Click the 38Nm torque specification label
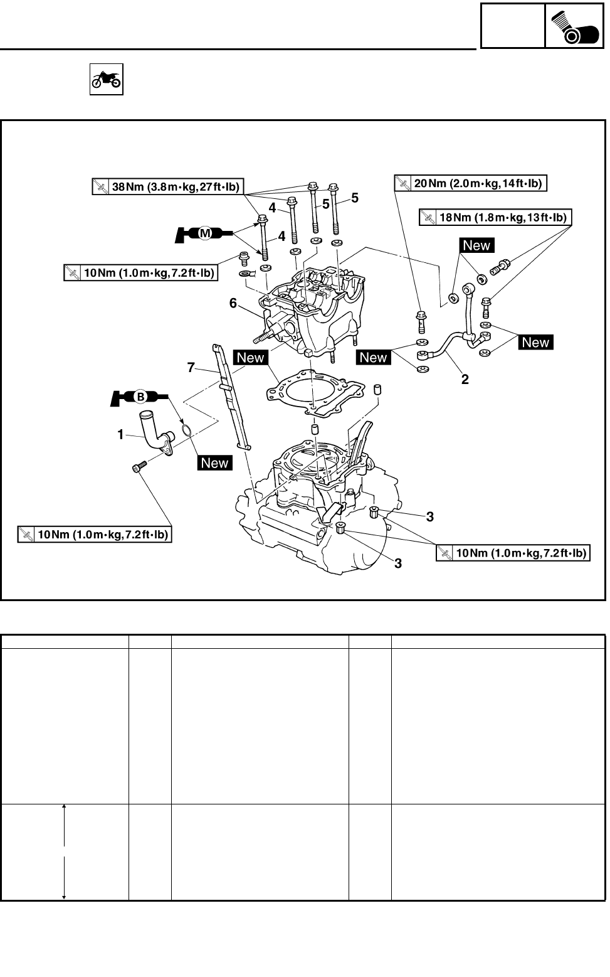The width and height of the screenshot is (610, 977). coord(168,186)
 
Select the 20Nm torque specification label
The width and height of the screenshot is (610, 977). coord(471,183)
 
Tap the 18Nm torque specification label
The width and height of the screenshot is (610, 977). coord(495,217)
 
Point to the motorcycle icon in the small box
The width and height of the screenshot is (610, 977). coord(107,80)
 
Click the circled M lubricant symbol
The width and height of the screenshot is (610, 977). coord(205,233)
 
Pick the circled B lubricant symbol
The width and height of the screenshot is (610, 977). coord(140,397)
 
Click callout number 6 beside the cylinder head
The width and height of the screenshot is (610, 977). coord(233,303)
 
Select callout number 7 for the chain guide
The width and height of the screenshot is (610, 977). coord(191,368)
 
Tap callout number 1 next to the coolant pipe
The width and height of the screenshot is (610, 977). coord(121,434)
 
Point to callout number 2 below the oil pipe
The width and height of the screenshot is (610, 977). coord(465,380)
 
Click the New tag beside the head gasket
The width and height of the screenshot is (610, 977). coord(251,358)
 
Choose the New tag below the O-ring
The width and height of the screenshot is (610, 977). coord(215,462)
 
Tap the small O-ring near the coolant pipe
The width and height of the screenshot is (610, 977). coord(186,430)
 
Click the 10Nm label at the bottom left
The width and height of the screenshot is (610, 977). coord(95,534)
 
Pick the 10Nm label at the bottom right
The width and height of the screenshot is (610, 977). coord(513,553)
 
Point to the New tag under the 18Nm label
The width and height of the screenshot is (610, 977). coord(476,245)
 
